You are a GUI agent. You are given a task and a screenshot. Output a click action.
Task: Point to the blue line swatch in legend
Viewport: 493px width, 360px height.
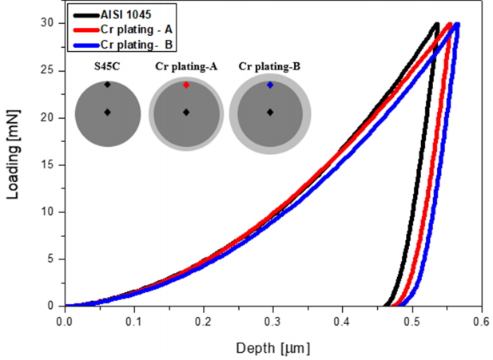click(84, 40)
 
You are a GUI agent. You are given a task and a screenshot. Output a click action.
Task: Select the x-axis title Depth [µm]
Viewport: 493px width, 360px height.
click(272, 348)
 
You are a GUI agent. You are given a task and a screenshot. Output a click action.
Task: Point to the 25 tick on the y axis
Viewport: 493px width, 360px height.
click(49, 70)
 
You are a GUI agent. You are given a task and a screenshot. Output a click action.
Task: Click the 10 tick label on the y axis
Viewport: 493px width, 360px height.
click(49, 212)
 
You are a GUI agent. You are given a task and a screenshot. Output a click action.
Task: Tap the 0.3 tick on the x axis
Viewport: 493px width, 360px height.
click(273, 322)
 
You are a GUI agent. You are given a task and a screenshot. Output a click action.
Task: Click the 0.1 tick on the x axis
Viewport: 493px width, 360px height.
click(134, 322)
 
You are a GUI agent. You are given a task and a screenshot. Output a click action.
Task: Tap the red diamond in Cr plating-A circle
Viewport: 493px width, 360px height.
click(186, 85)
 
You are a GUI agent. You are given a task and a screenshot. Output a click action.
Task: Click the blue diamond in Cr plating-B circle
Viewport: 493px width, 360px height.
click(270, 85)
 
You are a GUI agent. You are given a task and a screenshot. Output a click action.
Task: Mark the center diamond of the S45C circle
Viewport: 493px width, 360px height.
click(107, 113)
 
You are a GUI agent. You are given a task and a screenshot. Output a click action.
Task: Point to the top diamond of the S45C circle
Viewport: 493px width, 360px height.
click(107, 85)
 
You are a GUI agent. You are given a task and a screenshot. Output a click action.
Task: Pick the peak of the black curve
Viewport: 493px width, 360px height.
click(436, 25)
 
